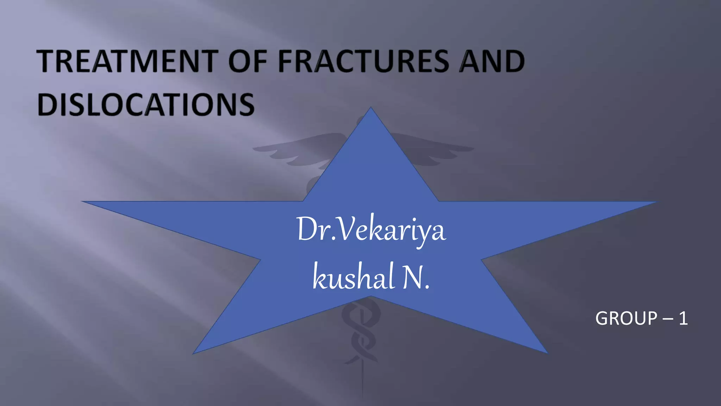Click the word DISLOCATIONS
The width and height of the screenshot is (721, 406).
click(146, 105)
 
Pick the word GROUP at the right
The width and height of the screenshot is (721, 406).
click(626, 319)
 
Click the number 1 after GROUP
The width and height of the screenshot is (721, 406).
click(683, 319)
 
